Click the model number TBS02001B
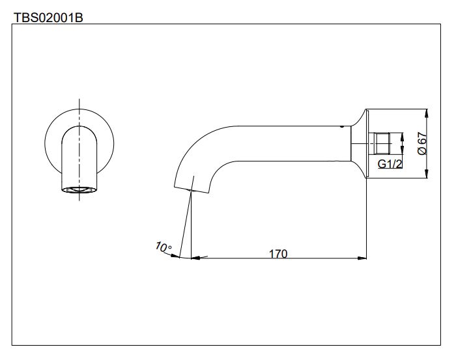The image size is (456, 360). pos(48,17)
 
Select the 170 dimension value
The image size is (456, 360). pos(279,253)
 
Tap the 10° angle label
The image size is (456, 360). pos(163,247)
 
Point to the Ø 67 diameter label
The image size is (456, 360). pos(421,143)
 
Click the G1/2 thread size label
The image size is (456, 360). pos(390,164)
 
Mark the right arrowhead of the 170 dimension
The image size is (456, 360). pos(362,258)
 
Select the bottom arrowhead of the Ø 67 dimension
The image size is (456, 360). pos(426,173)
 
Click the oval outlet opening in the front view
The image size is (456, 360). pos(79,190)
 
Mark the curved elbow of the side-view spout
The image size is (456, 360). pos(195,143)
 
